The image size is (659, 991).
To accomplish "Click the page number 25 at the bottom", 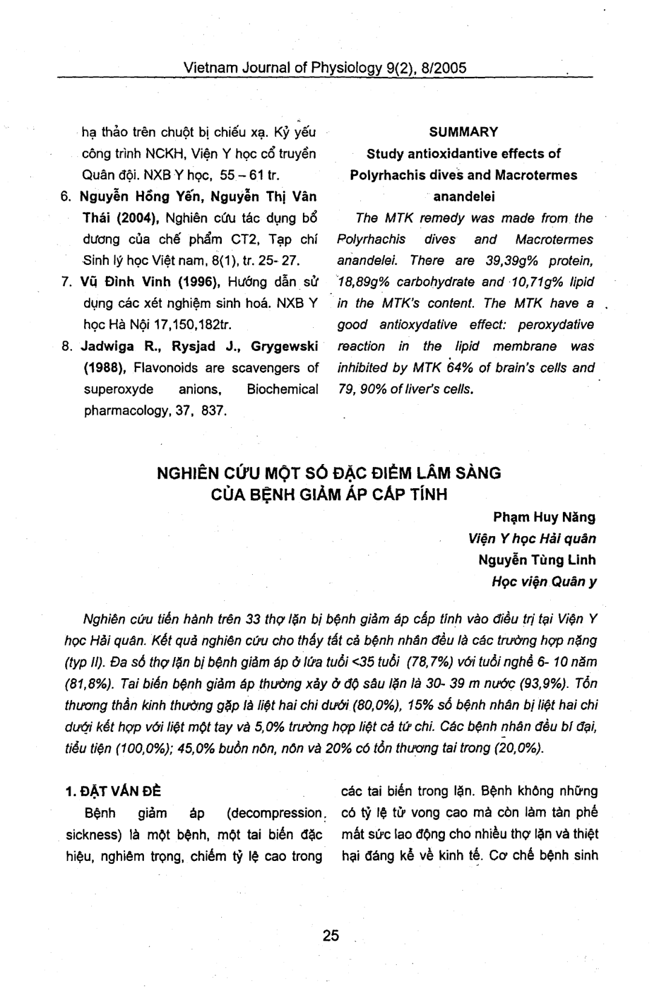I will click(x=331, y=935).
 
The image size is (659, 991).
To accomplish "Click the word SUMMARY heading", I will click(x=464, y=132).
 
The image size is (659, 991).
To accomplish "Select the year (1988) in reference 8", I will click(x=103, y=368).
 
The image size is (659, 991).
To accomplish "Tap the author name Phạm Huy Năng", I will click(x=544, y=517).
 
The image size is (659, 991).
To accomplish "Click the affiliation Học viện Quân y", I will click(x=545, y=582).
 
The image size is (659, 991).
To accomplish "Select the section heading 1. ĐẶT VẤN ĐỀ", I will click(x=112, y=792).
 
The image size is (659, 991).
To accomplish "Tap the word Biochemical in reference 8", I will click(x=282, y=389).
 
